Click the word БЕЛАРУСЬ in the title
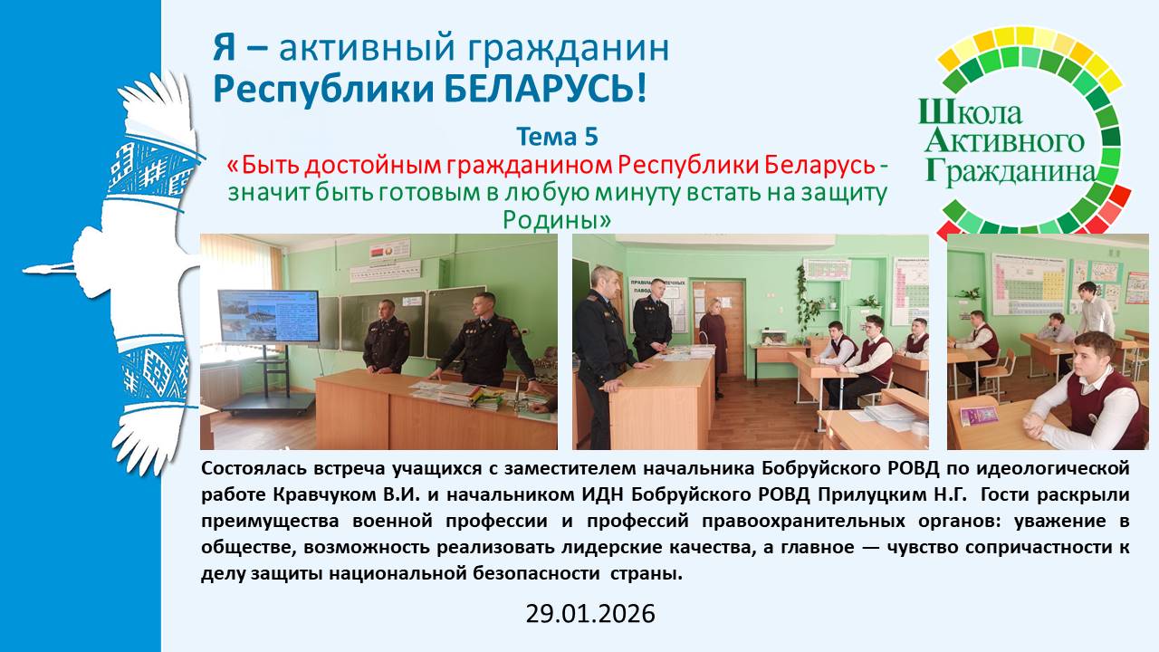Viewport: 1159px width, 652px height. point(545,88)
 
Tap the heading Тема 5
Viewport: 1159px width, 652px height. point(557,137)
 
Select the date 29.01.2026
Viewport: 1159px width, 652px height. point(590,614)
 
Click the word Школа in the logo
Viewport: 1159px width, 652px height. point(972,112)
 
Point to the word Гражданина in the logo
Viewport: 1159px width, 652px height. point(1011,172)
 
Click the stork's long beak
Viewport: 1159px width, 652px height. point(48,269)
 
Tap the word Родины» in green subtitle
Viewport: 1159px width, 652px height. point(557,219)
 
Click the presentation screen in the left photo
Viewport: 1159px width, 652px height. point(269,316)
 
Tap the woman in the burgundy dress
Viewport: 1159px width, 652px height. point(714,347)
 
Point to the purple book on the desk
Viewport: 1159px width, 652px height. point(979,415)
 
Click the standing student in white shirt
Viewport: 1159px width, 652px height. point(1096,310)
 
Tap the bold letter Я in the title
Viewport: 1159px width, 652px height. point(224,48)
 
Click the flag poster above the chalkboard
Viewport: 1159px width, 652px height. point(390,251)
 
